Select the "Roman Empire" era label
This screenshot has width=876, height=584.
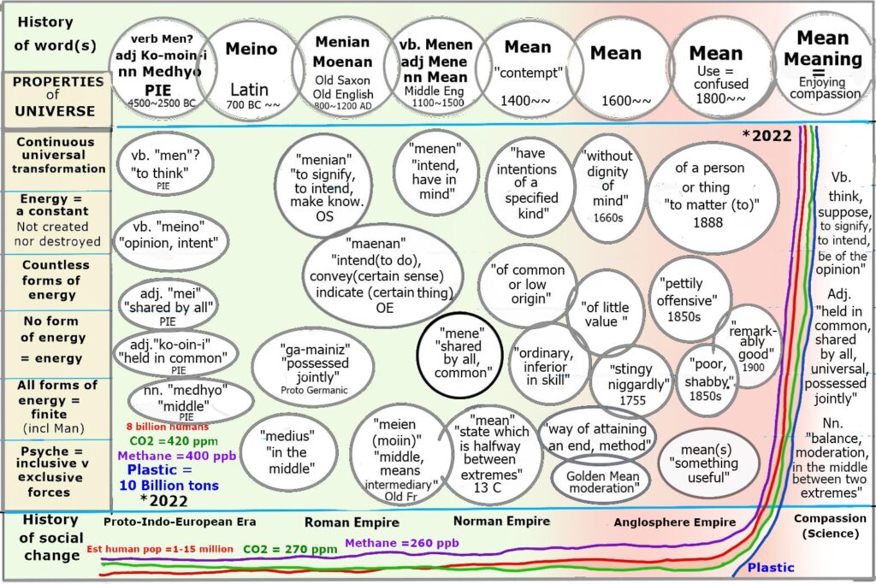pyautogui.click(x=345, y=522)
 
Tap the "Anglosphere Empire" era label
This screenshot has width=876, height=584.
pyautogui.click(x=674, y=522)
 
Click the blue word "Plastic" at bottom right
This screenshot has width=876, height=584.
pyautogui.click(x=770, y=567)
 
